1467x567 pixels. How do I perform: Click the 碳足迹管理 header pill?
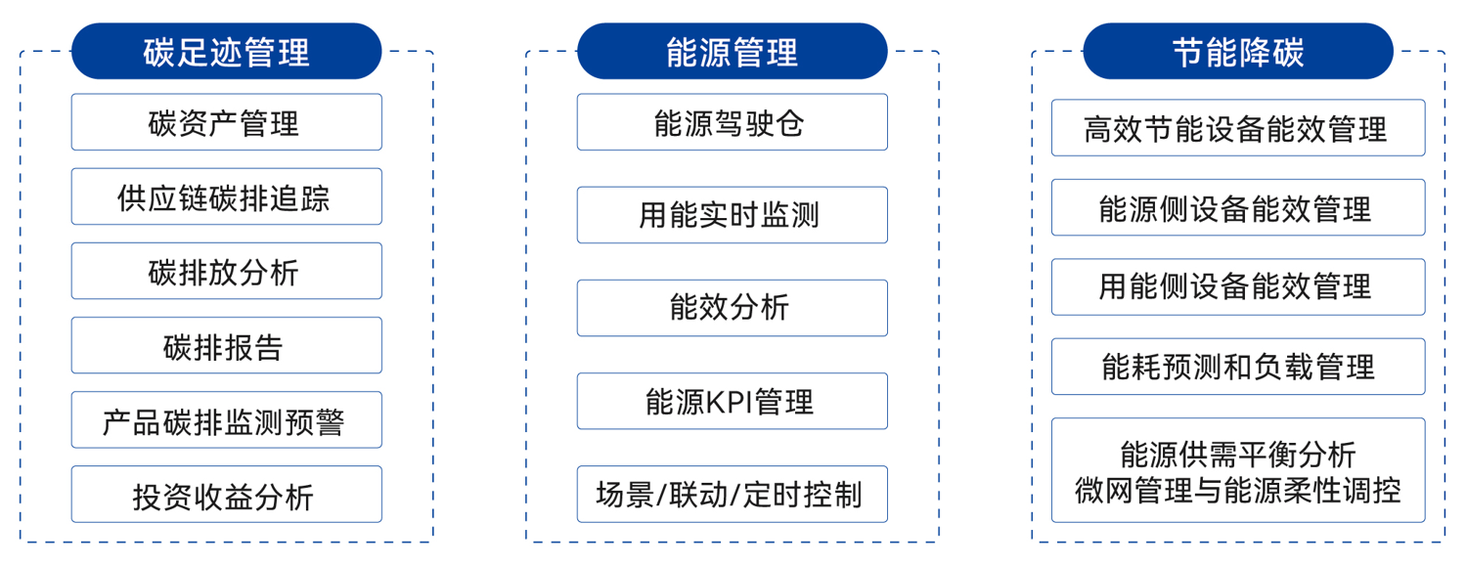(x=226, y=51)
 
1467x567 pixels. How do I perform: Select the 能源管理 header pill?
(x=732, y=51)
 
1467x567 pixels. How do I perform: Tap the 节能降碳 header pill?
(x=1237, y=51)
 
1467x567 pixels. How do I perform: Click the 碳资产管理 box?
(x=226, y=122)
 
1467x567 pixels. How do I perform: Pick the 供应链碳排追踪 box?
(x=226, y=196)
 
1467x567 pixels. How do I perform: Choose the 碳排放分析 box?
(x=226, y=271)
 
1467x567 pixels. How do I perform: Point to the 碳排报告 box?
(x=226, y=345)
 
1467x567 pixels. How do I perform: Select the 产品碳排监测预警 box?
(x=226, y=420)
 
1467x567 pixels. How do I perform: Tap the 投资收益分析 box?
(x=226, y=495)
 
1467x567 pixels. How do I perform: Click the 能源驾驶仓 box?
(x=732, y=122)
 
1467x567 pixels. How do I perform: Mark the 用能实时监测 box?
(x=732, y=215)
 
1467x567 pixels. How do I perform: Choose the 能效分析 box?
(x=732, y=308)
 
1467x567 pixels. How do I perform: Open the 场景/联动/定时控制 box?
(x=732, y=495)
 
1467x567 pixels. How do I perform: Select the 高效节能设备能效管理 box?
(x=1237, y=128)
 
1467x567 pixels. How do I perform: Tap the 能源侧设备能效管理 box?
(x=1237, y=207)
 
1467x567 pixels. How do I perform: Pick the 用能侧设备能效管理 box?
(x=1237, y=286)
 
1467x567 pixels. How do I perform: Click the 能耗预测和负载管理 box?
(x=1237, y=367)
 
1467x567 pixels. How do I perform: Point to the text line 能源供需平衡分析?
(x=1237, y=455)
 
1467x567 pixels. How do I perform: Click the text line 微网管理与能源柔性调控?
(x=1237, y=488)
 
